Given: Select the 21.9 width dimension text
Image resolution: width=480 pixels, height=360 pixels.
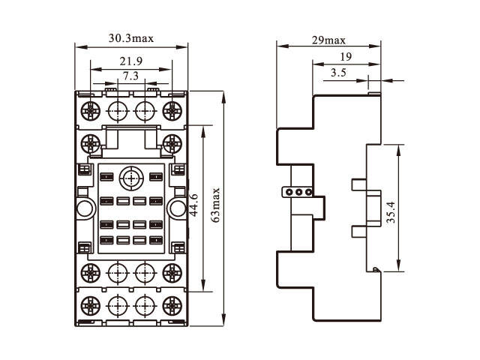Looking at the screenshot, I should pos(130,61).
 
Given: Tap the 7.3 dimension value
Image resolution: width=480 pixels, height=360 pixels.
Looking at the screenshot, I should pos(130,76).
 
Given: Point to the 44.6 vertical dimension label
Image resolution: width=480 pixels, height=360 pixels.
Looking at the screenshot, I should pos(194,204).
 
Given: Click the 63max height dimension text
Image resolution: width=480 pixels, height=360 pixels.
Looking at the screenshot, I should pos(216,205).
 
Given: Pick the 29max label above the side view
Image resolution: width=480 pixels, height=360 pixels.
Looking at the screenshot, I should pos(331,40).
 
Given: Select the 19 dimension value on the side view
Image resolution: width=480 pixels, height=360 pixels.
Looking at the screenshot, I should pos(346,57).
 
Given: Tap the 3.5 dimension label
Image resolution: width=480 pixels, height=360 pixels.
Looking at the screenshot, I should pos(337,73).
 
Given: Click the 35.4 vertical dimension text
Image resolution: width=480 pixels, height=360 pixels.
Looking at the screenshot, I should pos(391,211).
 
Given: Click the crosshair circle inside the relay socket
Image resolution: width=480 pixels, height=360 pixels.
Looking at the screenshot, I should pos(130,179).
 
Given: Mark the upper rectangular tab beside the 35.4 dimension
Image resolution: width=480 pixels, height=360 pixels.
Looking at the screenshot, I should pos(358,184).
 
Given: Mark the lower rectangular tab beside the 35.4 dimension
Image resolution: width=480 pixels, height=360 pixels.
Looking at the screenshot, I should pos(358,229).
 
